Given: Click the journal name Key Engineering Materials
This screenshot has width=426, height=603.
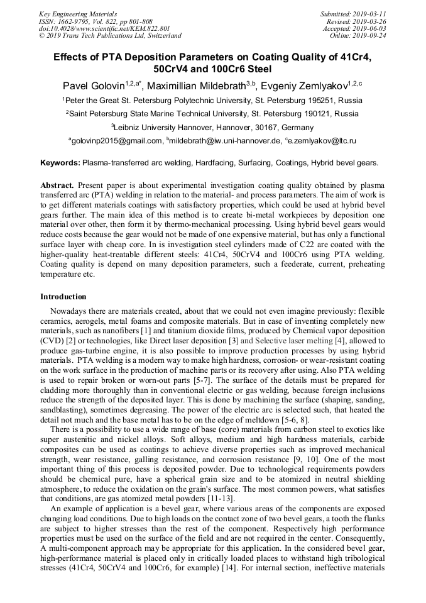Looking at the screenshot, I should pos(78,13).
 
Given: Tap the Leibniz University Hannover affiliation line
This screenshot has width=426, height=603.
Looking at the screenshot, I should pos(213,127).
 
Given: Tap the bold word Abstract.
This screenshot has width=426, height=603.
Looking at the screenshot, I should pos(58,187).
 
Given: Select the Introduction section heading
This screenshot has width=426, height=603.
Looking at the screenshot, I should pos(63,297).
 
